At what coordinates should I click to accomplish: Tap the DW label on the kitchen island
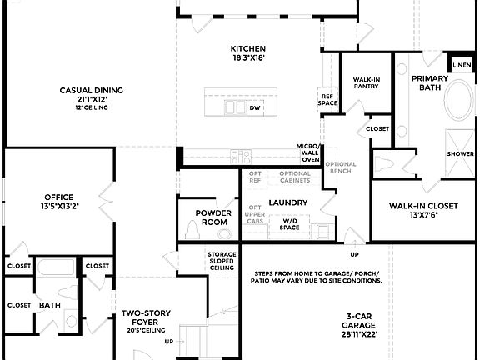click(x=255, y=107)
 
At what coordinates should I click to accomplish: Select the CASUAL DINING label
click(x=91, y=90)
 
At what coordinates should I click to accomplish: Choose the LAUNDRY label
click(x=288, y=202)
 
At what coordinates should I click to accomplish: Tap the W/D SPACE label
click(x=289, y=224)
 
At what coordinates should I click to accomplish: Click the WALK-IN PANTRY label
click(x=367, y=83)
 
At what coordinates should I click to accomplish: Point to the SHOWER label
click(x=460, y=154)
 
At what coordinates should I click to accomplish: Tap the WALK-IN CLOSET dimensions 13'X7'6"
click(x=424, y=216)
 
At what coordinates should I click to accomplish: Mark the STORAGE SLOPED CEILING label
click(x=222, y=261)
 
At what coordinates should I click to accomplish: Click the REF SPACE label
click(x=327, y=99)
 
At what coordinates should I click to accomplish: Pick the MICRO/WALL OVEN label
click(x=309, y=152)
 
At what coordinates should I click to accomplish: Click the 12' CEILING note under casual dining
click(x=91, y=107)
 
